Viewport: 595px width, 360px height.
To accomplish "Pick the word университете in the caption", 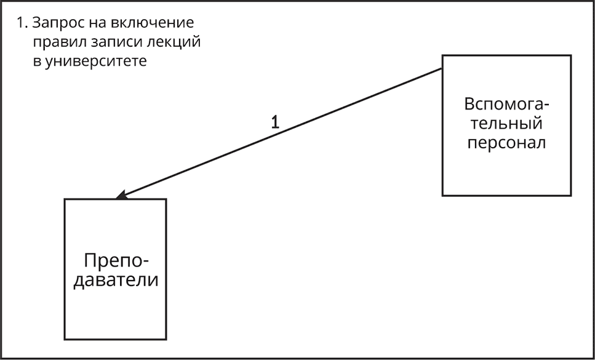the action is [x=95, y=62].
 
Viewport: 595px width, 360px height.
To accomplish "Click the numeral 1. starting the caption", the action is [x=22, y=23].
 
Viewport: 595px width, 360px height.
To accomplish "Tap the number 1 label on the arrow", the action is [x=276, y=122].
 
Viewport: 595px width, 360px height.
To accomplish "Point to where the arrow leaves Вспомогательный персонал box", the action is [x=442, y=69].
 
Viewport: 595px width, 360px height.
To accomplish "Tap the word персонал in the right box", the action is [x=506, y=143].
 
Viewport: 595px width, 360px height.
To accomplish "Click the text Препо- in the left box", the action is [x=116, y=260].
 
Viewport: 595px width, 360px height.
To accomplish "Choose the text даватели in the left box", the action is [x=116, y=281].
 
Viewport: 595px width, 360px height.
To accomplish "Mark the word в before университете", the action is [x=36, y=62].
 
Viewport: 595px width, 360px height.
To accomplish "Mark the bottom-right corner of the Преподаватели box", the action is [x=166, y=339].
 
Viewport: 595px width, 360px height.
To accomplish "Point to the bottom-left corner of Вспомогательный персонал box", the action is [x=442, y=195].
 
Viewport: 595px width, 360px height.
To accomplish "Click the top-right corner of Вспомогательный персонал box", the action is [x=571, y=55].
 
